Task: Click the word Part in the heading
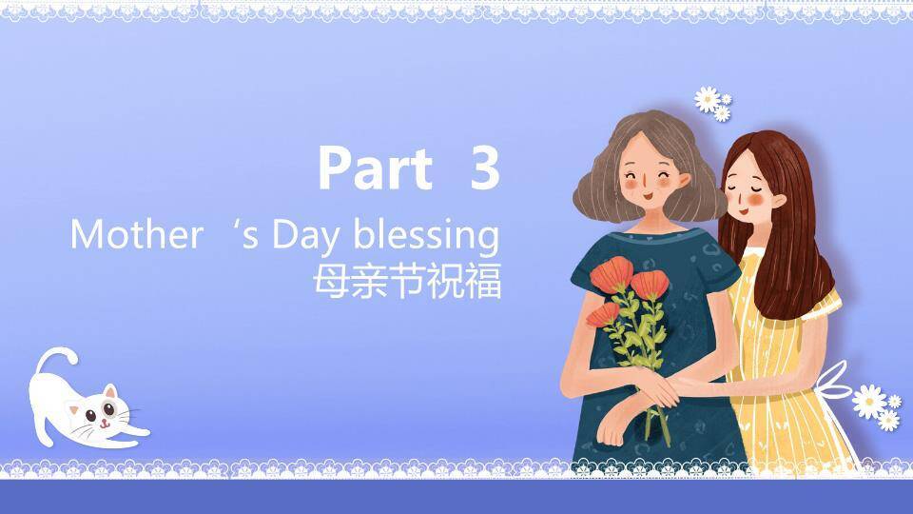(x=376, y=168)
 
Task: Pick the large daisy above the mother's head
(x=707, y=99)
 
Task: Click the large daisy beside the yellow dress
(x=868, y=401)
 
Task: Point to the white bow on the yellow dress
(x=835, y=383)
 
